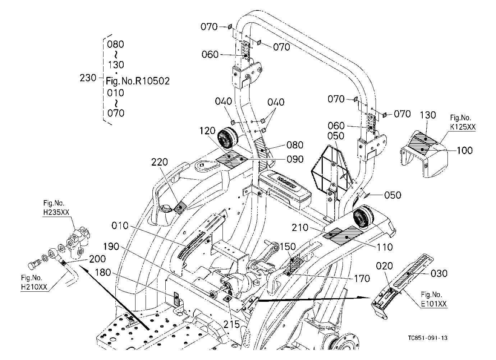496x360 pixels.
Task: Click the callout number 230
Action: point(88,78)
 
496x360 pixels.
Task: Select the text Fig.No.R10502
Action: point(138,81)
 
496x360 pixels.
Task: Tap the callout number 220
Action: point(160,162)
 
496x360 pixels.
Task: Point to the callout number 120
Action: point(207,131)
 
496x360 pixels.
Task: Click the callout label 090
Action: point(295,159)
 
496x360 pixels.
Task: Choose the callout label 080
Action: point(295,145)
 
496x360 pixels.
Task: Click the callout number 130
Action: point(428,115)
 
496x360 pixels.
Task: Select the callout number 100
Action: point(465,151)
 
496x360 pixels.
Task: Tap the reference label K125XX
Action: point(463,127)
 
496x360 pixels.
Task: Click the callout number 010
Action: point(120,226)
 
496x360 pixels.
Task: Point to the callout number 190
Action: point(111,246)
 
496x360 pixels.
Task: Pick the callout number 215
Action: point(231,324)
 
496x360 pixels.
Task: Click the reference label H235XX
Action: point(56,212)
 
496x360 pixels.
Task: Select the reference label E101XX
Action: point(434,304)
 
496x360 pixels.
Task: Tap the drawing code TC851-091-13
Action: point(428,338)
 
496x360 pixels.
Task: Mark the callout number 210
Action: point(300,227)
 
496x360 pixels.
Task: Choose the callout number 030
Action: point(439,274)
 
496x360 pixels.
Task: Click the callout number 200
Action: point(97,259)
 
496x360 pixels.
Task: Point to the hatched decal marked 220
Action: point(180,208)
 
